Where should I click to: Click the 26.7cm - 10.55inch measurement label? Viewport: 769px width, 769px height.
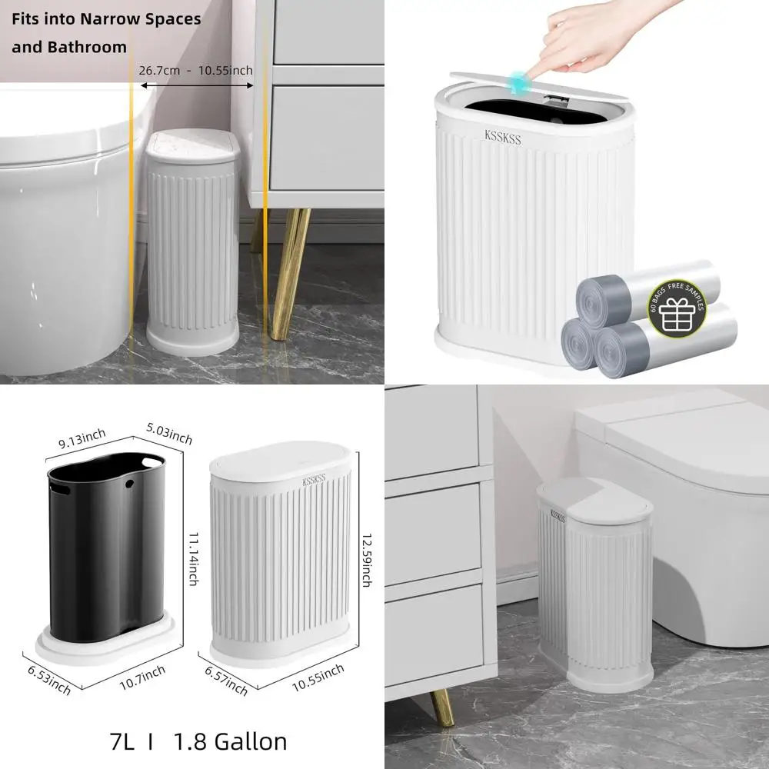(195, 71)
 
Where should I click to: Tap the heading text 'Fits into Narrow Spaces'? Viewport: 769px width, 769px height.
(106, 18)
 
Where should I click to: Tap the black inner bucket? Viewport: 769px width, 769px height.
(108, 554)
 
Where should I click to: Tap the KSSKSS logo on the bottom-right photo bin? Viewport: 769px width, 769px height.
(557, 516)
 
